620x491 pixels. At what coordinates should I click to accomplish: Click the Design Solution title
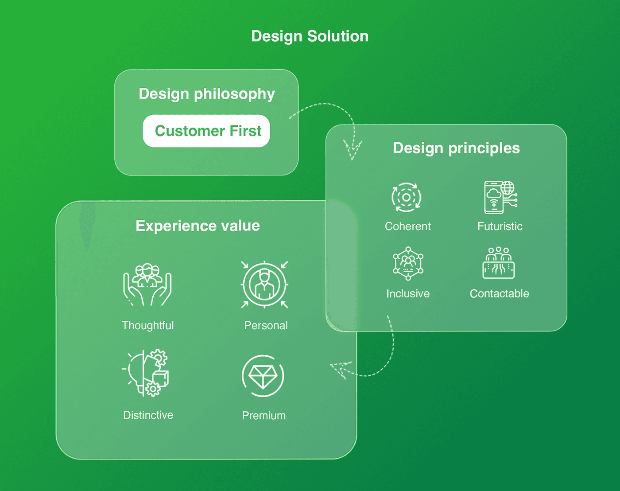pos(310,36)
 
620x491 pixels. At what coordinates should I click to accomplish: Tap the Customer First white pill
pos(206,131)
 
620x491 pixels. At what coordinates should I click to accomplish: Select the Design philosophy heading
pos(207,94)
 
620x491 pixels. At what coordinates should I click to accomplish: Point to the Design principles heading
pos(456,148)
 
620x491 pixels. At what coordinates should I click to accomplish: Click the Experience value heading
pos(198,226)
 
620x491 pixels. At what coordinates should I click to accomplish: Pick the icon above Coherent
pos(407,197)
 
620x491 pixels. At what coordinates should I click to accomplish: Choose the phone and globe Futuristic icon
pos(500,197)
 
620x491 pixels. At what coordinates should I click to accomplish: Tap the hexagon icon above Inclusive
pos(408,264)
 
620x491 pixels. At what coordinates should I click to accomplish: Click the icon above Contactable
pos(499,263)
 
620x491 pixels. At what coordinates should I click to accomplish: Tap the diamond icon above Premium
pos(263,376)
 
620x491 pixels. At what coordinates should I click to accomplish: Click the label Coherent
pos(407,226)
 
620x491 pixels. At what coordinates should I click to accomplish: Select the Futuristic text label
pos(500,226)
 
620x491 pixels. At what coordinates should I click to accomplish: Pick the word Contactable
pos(499,294)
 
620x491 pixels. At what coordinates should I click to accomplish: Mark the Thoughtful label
pos(147,326)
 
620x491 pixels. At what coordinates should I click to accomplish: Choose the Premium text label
pos(263,416)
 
